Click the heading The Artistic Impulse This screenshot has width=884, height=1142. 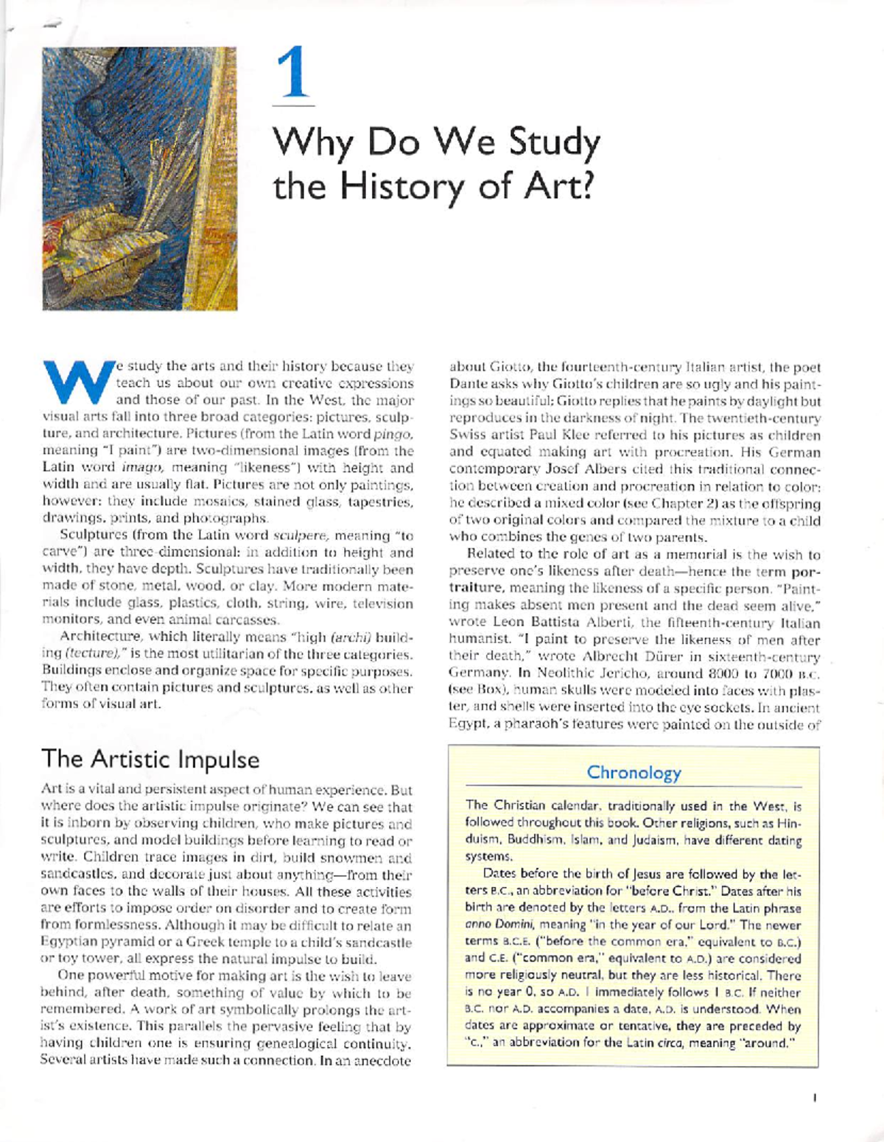[x=150, y=759]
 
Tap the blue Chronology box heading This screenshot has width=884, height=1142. [x=633, y=772]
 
